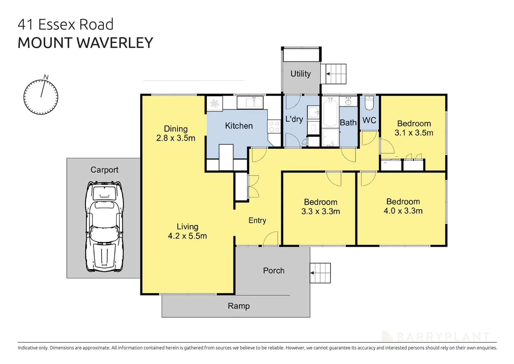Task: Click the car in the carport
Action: click(104, 226)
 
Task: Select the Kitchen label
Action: click(238, 126)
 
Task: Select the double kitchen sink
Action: click(250, 102)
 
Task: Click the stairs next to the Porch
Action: click(320, 273)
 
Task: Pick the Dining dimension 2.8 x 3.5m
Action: click(176, 138)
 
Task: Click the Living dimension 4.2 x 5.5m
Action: click(187, 236)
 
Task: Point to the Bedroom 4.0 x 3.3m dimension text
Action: click(403, 211)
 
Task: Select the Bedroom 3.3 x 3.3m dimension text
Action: click(321, 211)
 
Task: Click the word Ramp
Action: click(238, 306)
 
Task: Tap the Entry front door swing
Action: click(271, 239)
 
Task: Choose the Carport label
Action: click(104, 170)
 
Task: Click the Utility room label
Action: click(300, 74)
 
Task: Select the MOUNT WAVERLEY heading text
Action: click(85, 43)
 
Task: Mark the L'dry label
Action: click(294, 119)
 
